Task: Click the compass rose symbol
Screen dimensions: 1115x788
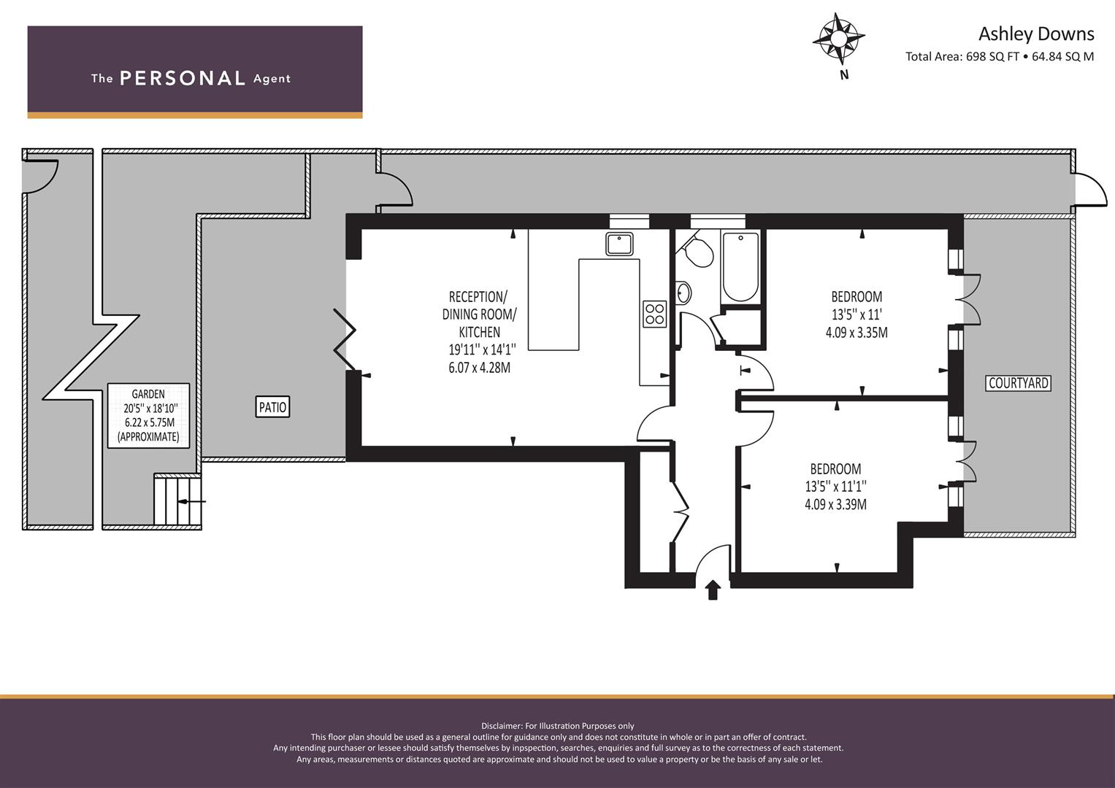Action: pos(839,39)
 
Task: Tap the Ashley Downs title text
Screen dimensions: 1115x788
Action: pos(1036,34)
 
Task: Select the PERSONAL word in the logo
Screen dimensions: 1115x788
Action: pos(183,78)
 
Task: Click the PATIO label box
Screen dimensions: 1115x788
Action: pos(272,407)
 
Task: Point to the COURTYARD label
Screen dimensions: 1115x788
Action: pos(1019,383)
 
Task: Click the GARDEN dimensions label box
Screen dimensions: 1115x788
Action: pos(148,415)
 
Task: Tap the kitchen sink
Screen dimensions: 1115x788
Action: pos(619,244)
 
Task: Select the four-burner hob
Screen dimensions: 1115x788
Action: pos(654,314)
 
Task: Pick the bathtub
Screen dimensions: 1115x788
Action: pos(740,268)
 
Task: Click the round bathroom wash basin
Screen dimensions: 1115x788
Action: pos(684,293)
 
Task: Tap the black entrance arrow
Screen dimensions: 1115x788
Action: pos(713,590)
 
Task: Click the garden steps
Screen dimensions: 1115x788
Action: pos(177,501)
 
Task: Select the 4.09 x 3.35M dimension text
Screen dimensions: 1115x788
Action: pos(857,332)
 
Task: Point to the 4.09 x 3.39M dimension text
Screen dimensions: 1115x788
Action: pos(835,504)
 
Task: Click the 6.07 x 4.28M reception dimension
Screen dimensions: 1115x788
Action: pos(479,368)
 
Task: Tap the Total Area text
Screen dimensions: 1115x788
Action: pos(1000,56)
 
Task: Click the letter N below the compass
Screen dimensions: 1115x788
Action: pos(844,75)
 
